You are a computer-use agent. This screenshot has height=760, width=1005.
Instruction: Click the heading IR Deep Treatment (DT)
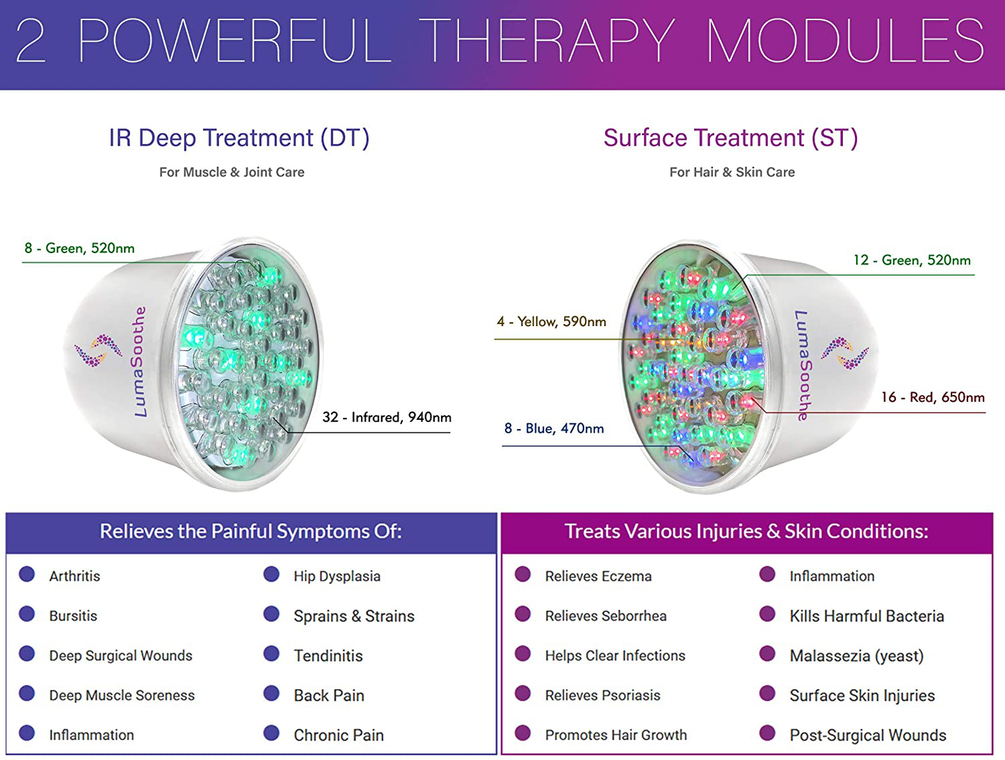tap(239, 138)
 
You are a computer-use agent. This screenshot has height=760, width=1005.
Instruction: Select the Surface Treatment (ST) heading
tap(730, 138)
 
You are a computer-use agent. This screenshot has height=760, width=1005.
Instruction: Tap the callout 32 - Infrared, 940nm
tap(386, 417)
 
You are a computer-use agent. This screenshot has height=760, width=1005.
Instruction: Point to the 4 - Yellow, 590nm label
tap(551, 322)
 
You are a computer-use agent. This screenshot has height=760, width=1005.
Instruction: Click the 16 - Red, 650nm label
tap(933, 397)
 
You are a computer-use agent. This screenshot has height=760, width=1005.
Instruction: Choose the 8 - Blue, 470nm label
tap(554, 428)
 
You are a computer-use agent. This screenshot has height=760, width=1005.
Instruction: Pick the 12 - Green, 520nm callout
tap(911, 260)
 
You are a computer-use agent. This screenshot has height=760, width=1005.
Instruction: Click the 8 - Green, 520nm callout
tap(79, 248)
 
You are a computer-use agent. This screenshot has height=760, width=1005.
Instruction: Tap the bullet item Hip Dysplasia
tap(337, 576)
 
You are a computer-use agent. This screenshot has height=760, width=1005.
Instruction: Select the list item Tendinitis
tap(328, 656)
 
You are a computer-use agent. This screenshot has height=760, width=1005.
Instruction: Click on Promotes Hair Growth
tap(616, 735)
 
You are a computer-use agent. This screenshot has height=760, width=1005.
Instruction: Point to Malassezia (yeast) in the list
tap(856, 656)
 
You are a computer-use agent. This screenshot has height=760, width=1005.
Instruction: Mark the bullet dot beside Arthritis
tap(27, 574)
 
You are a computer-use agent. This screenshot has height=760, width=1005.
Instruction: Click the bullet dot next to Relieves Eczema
tap(523, 574)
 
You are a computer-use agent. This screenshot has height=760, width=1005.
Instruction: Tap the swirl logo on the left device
tap(98, 350)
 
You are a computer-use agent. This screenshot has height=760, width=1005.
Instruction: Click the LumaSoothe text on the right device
tap(803, 365)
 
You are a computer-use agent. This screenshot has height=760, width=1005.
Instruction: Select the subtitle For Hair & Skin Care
tap(732, 172)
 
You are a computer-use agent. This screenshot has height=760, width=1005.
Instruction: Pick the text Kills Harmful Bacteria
tap(867, 616)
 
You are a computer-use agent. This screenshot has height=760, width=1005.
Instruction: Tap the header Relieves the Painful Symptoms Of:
tap(250, 532)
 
